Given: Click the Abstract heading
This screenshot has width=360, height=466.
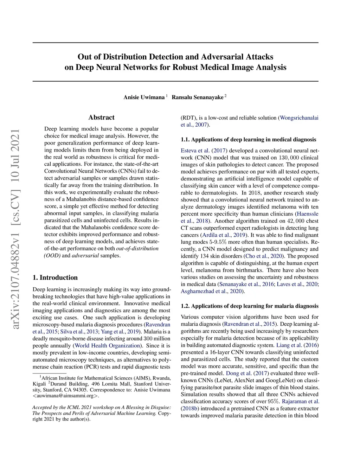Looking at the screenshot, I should (101, 117).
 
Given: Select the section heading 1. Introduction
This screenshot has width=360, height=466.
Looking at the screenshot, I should (55, 277).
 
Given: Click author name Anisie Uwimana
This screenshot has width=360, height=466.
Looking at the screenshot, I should (144, 97).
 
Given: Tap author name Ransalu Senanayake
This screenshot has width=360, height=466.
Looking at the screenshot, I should (197, 97).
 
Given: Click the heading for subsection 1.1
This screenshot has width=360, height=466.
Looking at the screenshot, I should (248, 140).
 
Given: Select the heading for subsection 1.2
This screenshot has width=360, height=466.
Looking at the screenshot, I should (249, 306).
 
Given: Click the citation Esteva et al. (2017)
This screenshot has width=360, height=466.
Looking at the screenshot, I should (204, 151).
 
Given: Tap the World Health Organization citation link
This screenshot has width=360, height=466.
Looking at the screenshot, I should (108, 346).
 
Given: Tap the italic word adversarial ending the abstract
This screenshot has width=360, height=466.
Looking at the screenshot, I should (85, 256).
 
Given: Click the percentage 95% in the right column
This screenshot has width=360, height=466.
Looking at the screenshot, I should (273, 401).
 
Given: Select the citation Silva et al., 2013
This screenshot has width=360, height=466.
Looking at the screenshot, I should (79, 332).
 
